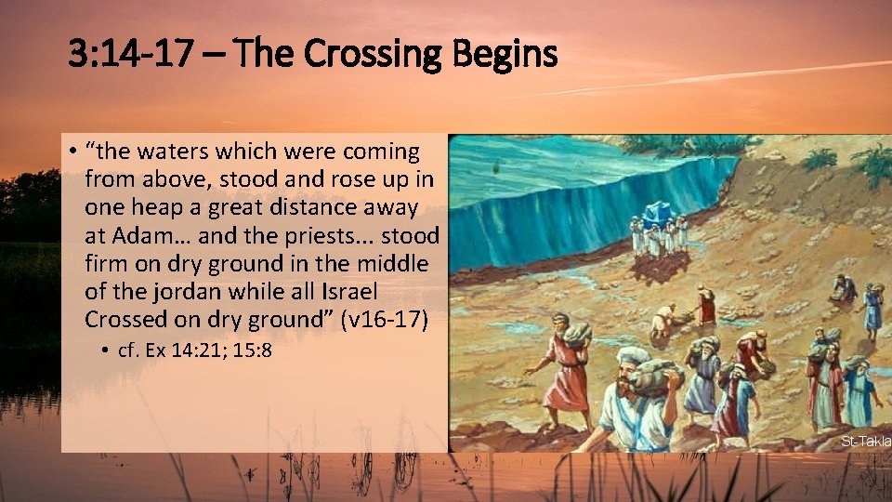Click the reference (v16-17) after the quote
(384, 320)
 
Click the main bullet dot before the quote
(72, 152)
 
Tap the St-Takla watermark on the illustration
(865, 440)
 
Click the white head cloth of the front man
(634, 357)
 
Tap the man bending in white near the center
(663, 321)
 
